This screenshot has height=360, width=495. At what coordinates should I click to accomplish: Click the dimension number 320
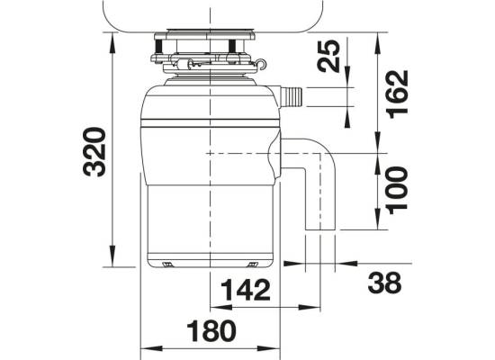[x=94, y=151]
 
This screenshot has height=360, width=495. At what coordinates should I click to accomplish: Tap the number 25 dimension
[x=328, y=56]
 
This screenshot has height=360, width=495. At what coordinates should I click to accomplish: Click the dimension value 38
[x=384, y=283]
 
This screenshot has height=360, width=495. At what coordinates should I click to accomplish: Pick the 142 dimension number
[x=246, y=290]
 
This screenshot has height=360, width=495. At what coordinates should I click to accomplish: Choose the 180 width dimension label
[x=211, y=331]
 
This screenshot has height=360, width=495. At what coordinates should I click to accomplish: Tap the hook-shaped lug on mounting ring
[x=261, y=64]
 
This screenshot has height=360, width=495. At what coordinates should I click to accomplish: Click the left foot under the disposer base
[x=167, y=265]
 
